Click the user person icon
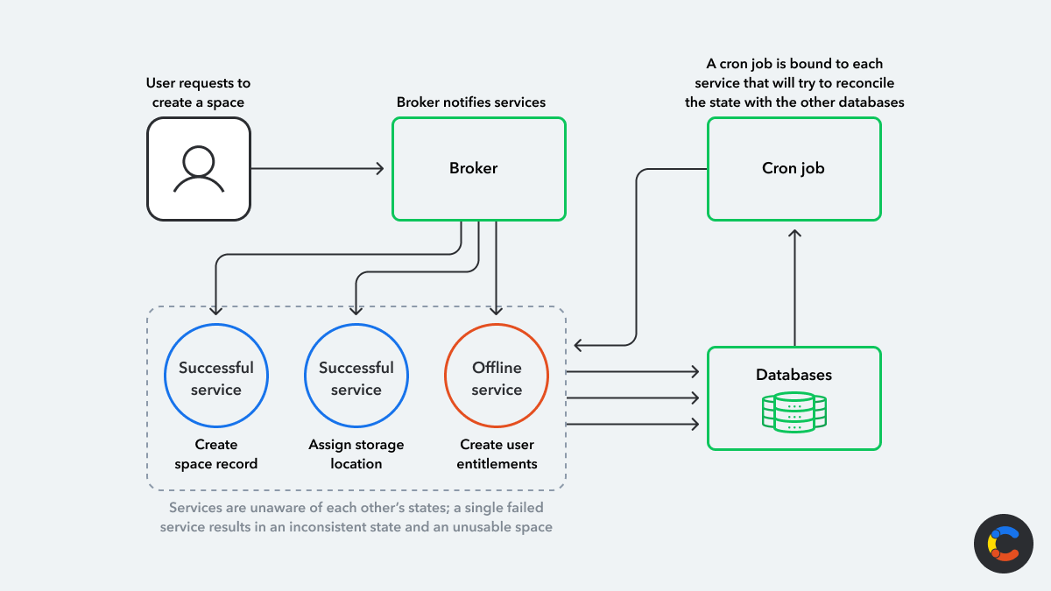click(199, 169)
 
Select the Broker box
click(478, 169)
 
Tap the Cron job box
click(794, 169)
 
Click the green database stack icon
click(794, 412)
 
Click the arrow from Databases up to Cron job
click(794, 289)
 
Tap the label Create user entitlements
click(497, 454)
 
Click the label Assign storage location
click(356, 454)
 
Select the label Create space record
click(216, 454)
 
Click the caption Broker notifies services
click(471, 102)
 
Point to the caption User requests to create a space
click(198, 93)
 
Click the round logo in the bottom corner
click(1004, 544)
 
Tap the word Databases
click(794, 375)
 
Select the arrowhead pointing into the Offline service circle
click(497, 309)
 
